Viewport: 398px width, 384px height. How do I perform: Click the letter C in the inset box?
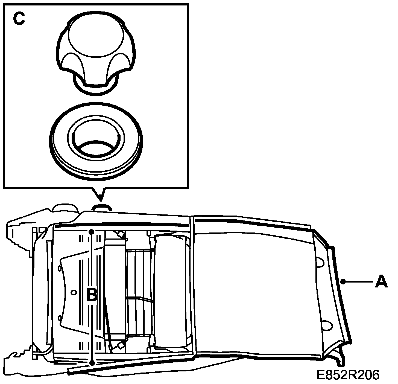19,19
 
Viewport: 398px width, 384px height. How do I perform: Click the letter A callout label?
381,282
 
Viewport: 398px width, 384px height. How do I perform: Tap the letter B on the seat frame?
92,295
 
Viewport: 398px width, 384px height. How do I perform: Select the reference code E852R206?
348,375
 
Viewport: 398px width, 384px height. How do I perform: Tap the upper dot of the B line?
92,232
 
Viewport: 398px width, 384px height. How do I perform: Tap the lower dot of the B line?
92,363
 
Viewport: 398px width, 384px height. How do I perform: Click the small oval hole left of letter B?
73,293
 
